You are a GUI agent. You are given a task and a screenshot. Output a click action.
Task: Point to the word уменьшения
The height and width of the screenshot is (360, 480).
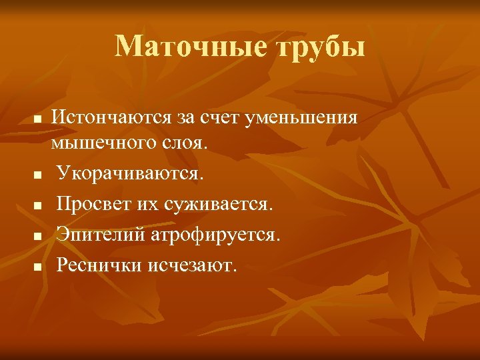303,119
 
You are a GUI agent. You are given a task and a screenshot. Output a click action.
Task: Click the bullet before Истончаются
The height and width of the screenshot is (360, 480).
38,119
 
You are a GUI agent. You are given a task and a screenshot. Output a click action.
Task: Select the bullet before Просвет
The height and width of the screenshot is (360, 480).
38,205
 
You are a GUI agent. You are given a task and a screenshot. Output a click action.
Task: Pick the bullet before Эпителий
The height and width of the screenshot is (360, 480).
38,235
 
